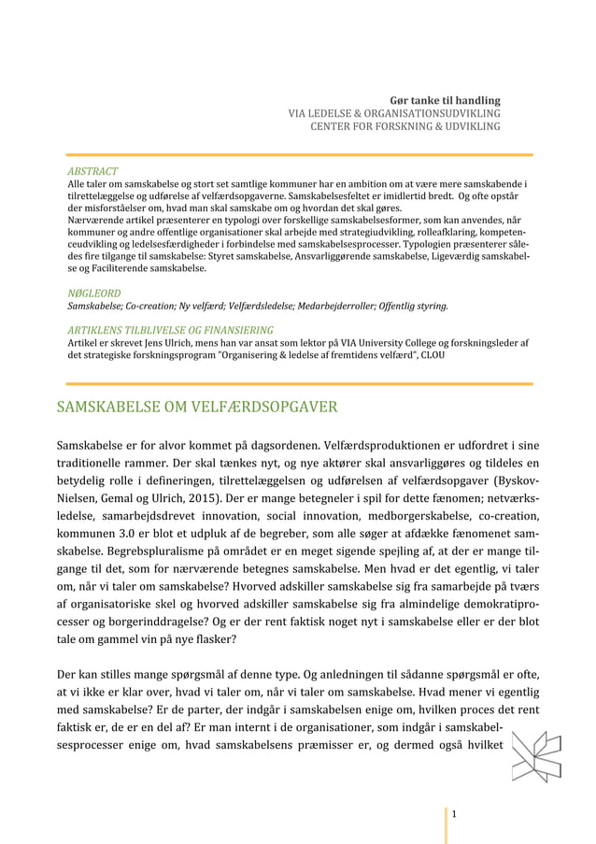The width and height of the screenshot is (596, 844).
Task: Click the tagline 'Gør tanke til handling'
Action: (445, 99)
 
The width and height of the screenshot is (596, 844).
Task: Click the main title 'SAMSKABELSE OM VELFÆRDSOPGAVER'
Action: (197, 408)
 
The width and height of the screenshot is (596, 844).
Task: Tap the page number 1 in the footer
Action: (454, 814)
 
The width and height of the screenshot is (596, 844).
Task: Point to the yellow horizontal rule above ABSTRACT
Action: (298, 155)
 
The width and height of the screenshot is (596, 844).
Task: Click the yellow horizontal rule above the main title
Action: (298, 383)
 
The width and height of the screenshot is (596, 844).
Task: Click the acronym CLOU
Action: (433, 355)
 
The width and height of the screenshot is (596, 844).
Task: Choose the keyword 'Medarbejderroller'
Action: (320, 306)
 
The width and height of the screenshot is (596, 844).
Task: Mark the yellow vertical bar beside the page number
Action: (446, 814)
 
